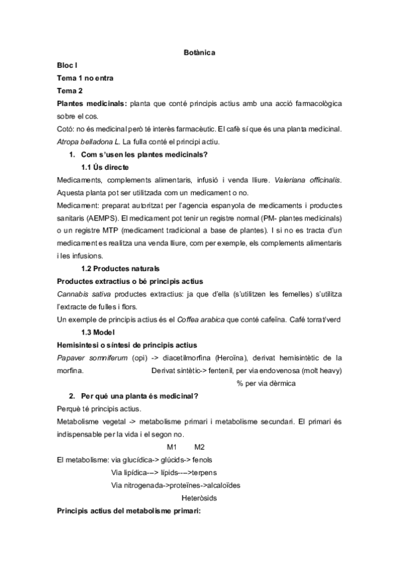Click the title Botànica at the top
[x=199, y=53]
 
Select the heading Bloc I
[x=67, y=65]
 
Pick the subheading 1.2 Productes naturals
[x=120, y=269]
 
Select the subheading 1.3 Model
[x=98, y=332]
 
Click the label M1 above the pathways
[x=172, y=446]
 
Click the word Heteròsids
[x=200, y=498]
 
